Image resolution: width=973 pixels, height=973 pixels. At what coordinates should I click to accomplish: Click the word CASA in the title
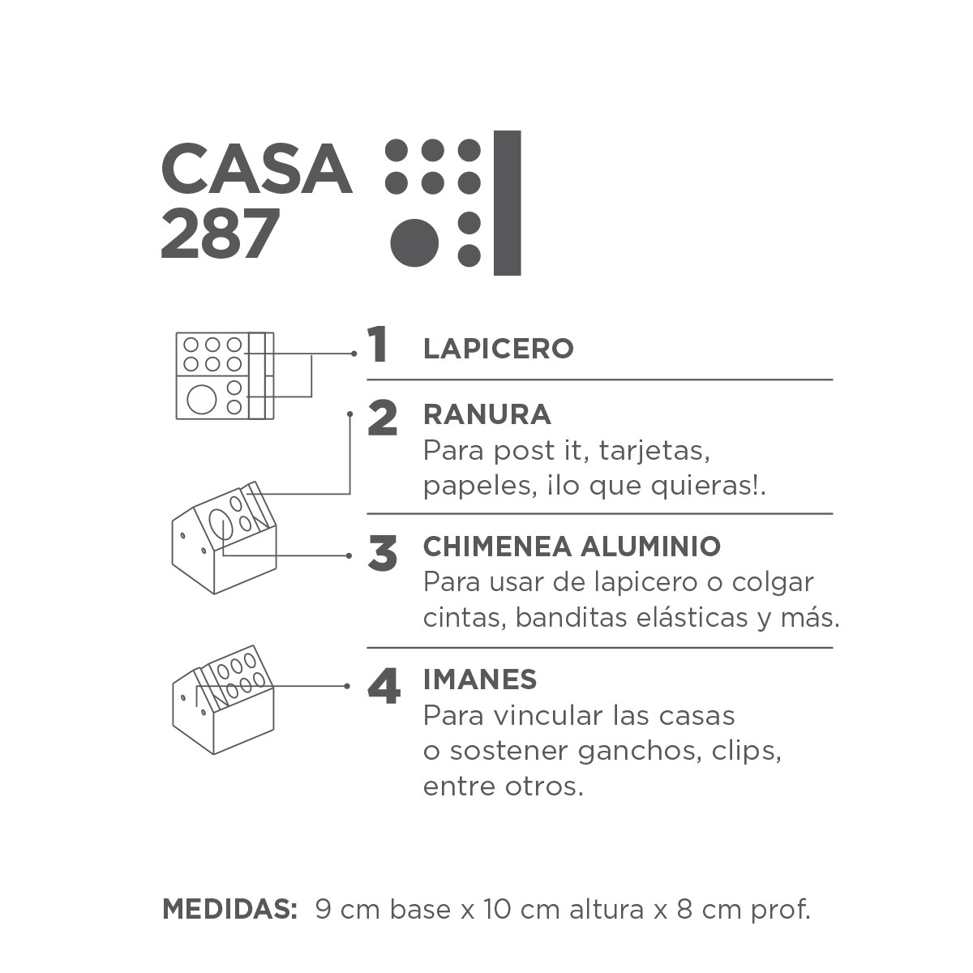[x=256, y=168]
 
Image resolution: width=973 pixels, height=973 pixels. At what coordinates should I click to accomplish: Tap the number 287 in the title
[x=221, y=234]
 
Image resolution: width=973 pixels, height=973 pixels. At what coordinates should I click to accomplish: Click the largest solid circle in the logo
[x=414, y=243]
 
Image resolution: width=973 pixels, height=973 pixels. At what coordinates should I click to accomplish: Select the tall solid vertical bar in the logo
[x=507, y=203]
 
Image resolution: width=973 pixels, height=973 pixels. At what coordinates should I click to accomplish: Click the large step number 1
[x=378, y=345]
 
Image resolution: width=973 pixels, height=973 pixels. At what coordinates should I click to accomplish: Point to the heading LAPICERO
[x=499, y=349]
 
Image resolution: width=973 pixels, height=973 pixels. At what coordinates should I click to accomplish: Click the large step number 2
[x=382, y=418]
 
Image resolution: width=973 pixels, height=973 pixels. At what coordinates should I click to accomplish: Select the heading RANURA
[x=486, y=414]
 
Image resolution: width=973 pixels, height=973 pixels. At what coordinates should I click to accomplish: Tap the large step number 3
[x=382, y=554]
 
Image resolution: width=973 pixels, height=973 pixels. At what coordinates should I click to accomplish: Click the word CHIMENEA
[x=498, y=547]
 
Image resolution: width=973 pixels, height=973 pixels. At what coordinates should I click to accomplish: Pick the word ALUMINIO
[x=651, y=547]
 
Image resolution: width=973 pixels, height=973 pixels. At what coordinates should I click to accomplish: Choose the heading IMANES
[x=480, y=679]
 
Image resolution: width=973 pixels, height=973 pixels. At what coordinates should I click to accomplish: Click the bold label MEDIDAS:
[x=229, y=909]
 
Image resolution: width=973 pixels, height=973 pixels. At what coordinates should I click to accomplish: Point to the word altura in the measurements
[x=607, y=910]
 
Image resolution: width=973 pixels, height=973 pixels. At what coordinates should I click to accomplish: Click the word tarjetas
[x=654, y=451]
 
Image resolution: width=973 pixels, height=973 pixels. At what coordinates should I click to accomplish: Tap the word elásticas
[x=692, y=617]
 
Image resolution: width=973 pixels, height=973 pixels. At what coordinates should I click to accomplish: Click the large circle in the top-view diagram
[x=201, y=399]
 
